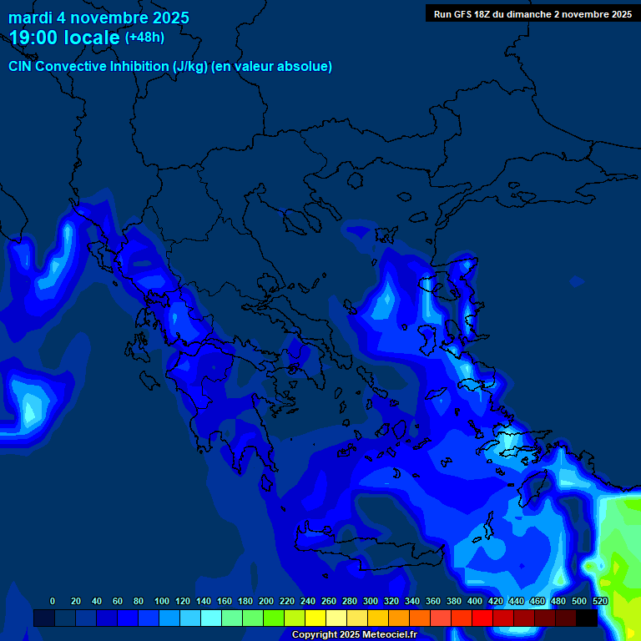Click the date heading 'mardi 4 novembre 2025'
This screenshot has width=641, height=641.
click(x=98, y=18)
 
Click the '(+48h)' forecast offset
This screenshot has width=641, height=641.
click(x=144, y=38)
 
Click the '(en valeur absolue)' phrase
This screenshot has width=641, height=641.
click(x=272, y=67)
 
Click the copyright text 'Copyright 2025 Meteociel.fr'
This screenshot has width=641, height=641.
click(x=354, y=635)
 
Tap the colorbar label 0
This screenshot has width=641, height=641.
click(x=53, y=601)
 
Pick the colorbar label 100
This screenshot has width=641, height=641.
click(x=162, y=601)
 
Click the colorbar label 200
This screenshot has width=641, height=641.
click(x=266, y=601)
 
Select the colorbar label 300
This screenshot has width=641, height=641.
click(x=371, y=601)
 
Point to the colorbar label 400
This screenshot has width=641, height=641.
click(x=475, y=601)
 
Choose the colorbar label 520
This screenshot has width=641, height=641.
click(x=600, y=601)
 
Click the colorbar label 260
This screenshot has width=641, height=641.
click(x=329, y=601)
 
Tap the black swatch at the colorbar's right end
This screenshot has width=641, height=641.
click(x=587, y=618)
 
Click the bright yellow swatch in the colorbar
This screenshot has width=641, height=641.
click(x=315, y=618)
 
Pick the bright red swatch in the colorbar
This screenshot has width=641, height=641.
click(x=482, y=618)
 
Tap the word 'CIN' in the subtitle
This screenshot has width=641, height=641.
click(x=21, y=67)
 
